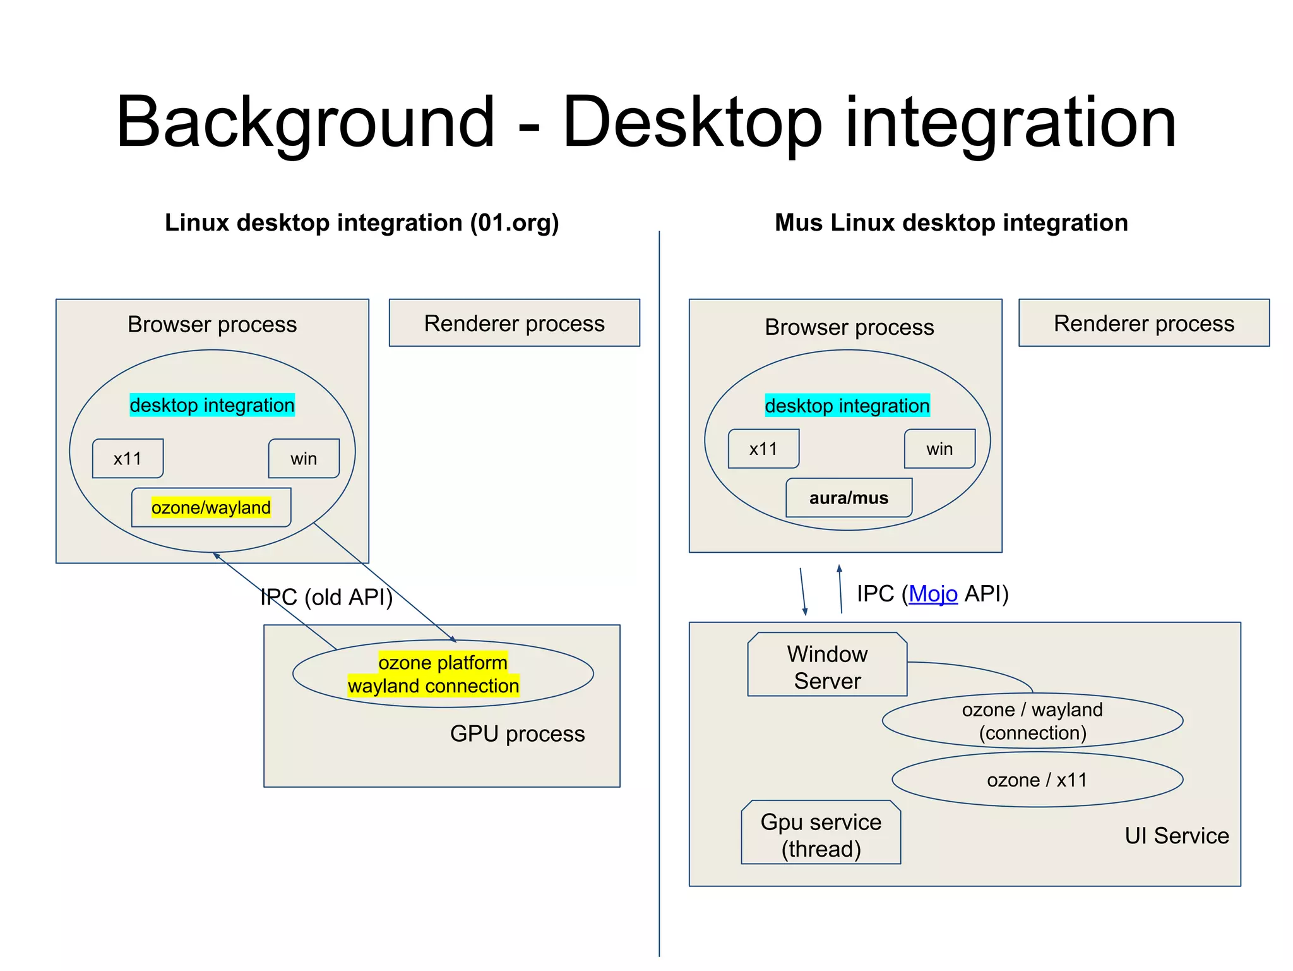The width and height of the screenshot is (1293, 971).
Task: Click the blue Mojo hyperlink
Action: tap(933, 594)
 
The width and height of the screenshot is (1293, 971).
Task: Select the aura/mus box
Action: tap(849, 498)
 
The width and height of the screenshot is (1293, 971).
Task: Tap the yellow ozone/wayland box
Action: tap(211, 507)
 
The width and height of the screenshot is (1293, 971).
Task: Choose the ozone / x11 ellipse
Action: tap(1037, 780)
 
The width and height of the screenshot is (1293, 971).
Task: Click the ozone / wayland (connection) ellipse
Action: tap(1032, 721)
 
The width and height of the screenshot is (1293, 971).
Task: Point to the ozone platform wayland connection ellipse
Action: tap(442, 674)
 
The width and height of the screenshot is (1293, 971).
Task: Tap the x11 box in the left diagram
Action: tap(128, 459)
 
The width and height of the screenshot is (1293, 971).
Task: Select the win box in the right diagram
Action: tap(939, 449)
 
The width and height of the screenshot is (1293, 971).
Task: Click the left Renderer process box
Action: tap(514, 323)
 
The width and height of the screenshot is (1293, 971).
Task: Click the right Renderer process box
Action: tap(1143, 323)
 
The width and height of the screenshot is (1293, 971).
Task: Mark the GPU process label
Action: tap(517, 733)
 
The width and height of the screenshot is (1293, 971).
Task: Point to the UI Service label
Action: tap(1176, 836)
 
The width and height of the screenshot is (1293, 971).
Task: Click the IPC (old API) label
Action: tap(326, 597)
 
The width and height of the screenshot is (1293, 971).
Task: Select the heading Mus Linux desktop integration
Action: tap(951, 223)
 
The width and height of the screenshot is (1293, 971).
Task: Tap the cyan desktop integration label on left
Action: tap(212, 405)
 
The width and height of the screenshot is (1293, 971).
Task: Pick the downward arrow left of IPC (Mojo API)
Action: tap(802, 591)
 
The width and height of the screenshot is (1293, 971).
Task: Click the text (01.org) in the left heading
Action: tap(514, 223)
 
